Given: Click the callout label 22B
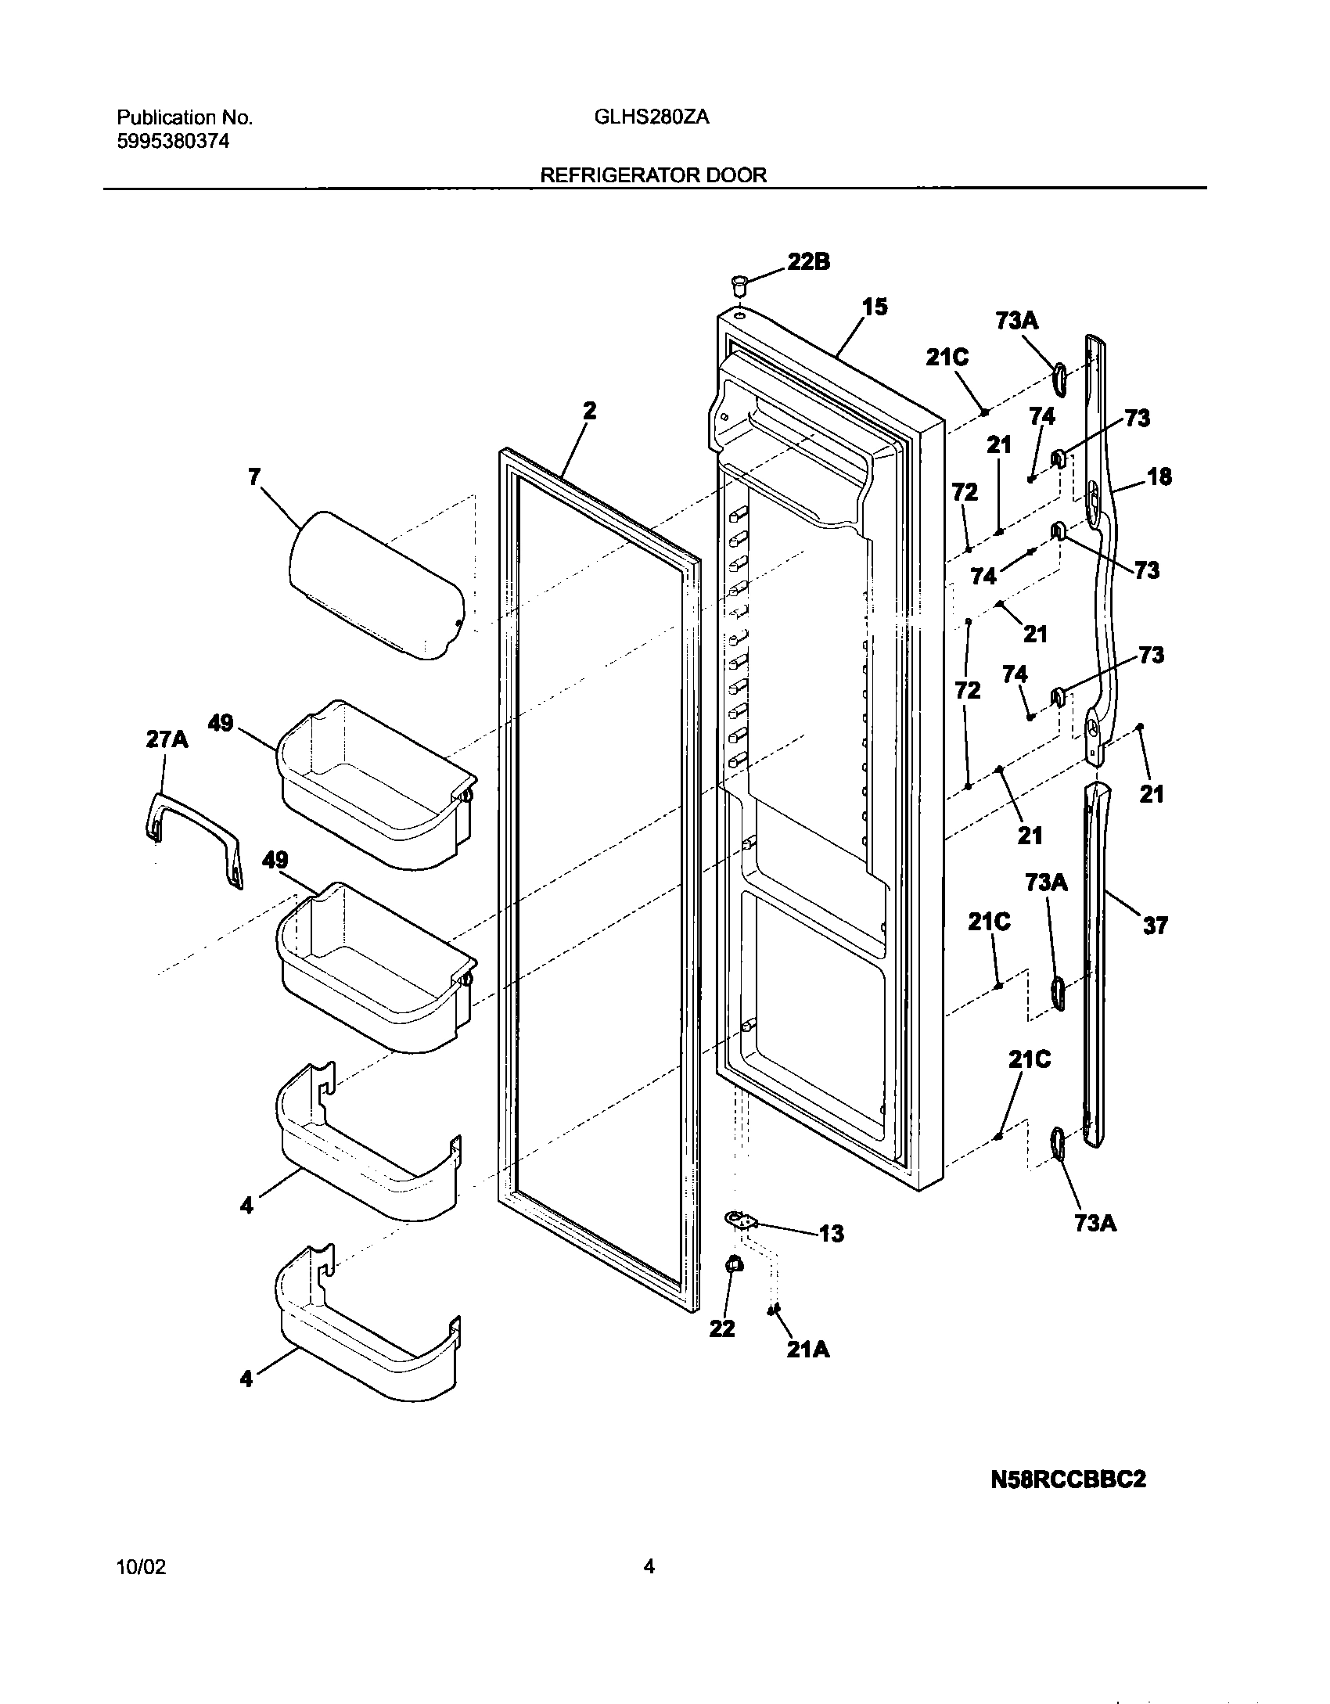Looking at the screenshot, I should coord(808,262).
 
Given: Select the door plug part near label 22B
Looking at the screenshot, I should coord(738,282).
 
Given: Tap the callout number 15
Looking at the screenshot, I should coord(875,307).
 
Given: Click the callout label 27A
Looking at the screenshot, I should coord(167,739).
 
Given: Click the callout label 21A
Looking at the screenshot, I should coord(808,1350).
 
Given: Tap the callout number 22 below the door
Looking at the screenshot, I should coord(722,1328).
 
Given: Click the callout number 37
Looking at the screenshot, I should coord(1155,926).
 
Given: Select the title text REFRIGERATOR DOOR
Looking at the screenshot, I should coord(653,175).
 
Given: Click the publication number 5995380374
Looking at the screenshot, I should coord(173,142).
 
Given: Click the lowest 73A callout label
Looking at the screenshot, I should coord(1095,1223).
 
